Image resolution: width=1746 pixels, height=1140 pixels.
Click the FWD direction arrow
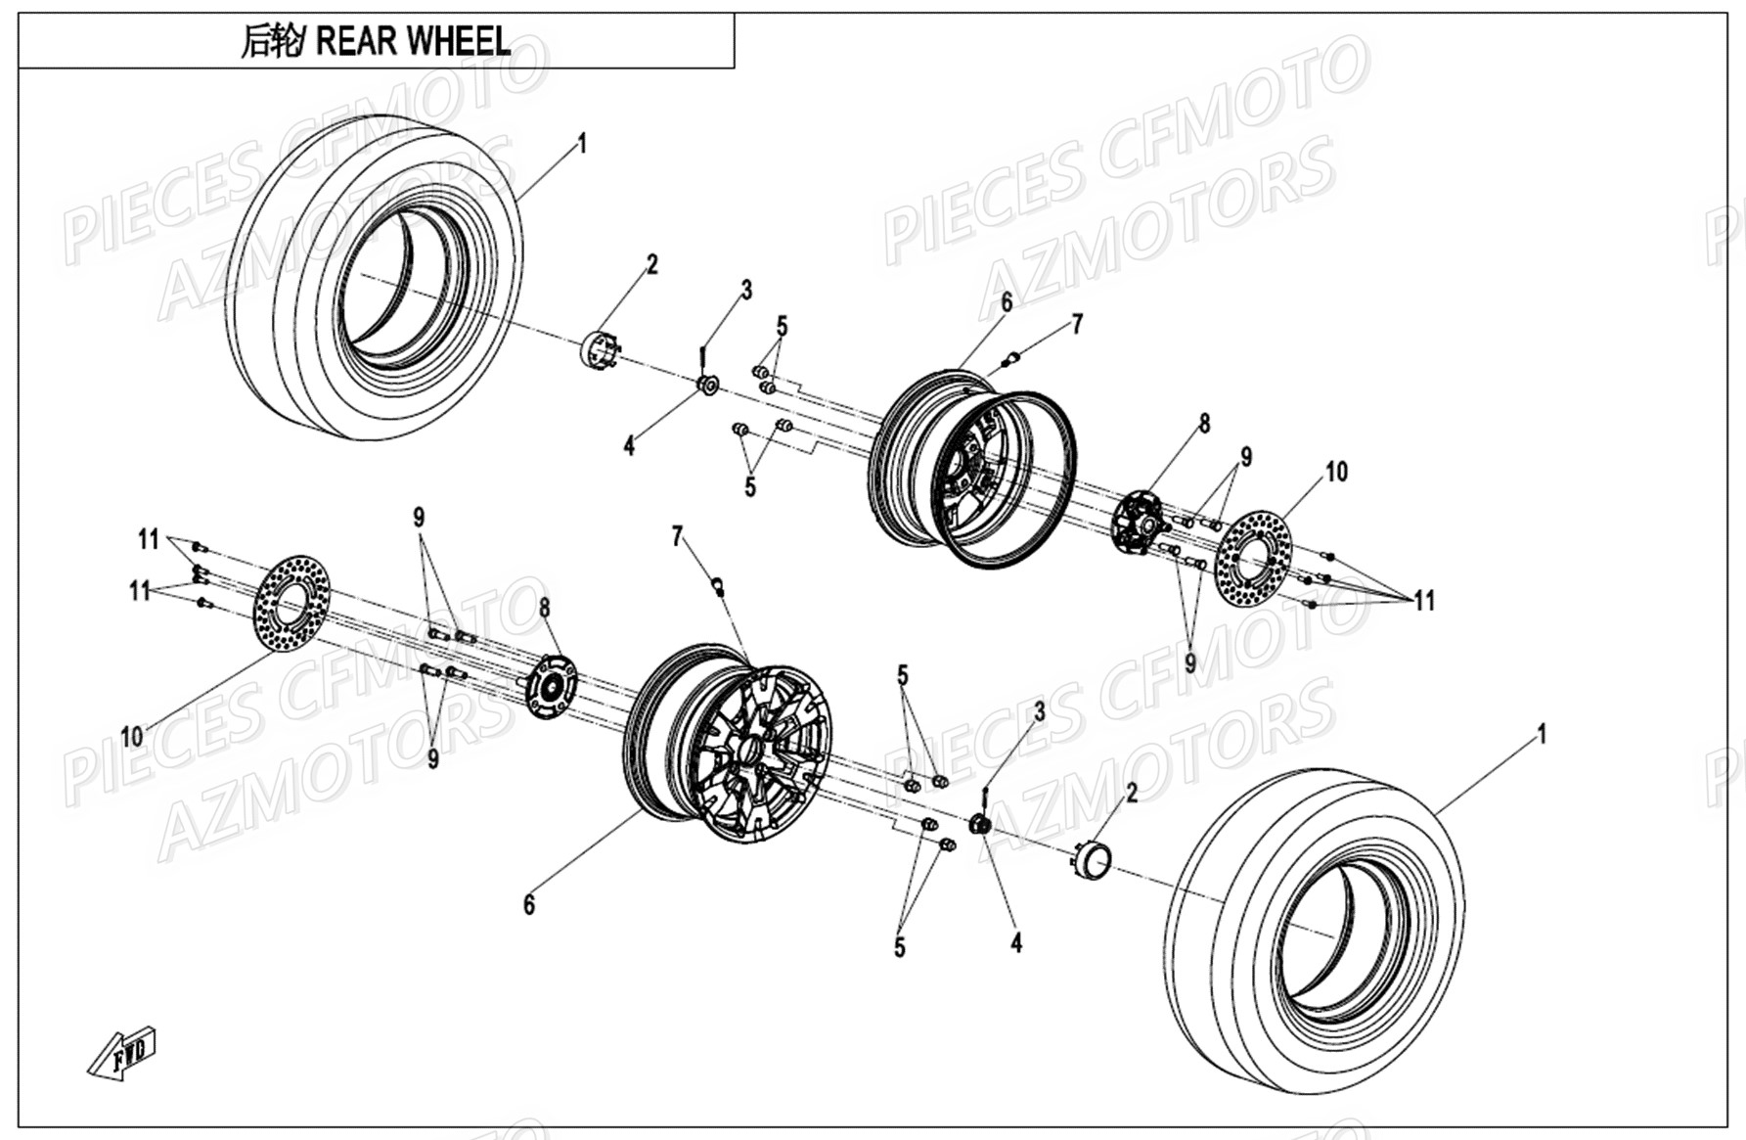tap(121, 1054)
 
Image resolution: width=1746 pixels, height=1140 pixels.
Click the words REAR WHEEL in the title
tap(413, 41)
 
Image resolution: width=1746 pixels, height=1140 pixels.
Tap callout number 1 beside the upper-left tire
tap(582, 144)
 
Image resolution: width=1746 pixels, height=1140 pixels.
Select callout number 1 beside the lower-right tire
tap(1543, 734)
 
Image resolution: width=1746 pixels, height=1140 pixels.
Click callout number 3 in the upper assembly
tap(746, 290)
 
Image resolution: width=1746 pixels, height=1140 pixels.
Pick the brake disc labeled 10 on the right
tap(1254, 552)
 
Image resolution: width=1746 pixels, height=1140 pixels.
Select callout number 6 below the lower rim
tap(529, 904)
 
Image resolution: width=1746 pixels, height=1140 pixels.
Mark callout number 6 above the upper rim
tap(1007, 302)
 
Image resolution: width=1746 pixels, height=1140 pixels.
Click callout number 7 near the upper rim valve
tap(1077, 324)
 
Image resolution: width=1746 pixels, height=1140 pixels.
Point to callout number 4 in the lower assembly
tap(1016, 942)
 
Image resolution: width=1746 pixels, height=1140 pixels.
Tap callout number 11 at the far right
tap(1424, 601)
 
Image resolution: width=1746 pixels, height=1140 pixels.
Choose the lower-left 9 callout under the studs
tap(432, 758)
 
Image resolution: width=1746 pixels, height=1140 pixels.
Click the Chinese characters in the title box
tap(271, 41)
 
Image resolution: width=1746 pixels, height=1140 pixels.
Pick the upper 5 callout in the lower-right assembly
tap(902, 675)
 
